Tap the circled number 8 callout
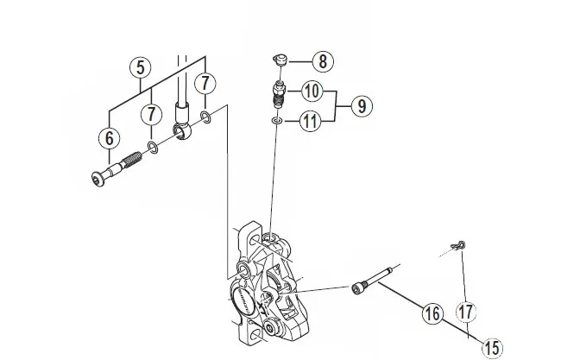322,61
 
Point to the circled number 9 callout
360,105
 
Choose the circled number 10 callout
312,91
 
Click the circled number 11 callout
312,122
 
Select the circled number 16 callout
431,313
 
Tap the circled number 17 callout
467,312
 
